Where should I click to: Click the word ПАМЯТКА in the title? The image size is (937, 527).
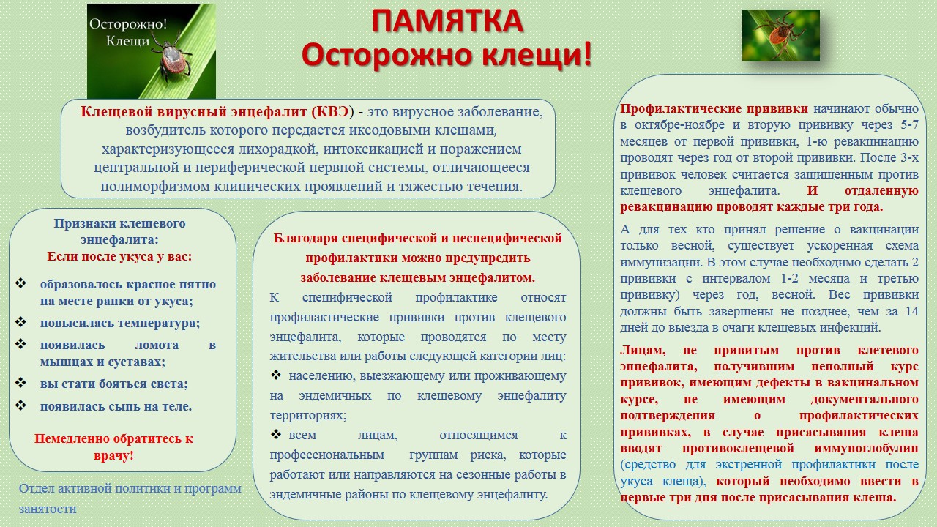447,21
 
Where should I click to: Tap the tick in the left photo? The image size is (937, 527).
172,59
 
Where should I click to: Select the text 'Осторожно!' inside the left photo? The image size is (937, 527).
128,24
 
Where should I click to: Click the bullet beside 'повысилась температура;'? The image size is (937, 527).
20,322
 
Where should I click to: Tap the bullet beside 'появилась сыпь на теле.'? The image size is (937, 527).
20,405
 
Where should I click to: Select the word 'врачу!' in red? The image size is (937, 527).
113,455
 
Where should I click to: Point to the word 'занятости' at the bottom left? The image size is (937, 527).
48,509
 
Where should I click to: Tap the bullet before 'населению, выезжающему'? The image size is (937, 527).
276,375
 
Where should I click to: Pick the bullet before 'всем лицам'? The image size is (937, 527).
276,434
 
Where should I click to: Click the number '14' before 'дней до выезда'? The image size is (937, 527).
912,311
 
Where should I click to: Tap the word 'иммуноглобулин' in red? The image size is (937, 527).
866,449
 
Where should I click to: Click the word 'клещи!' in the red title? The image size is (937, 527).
537,55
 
